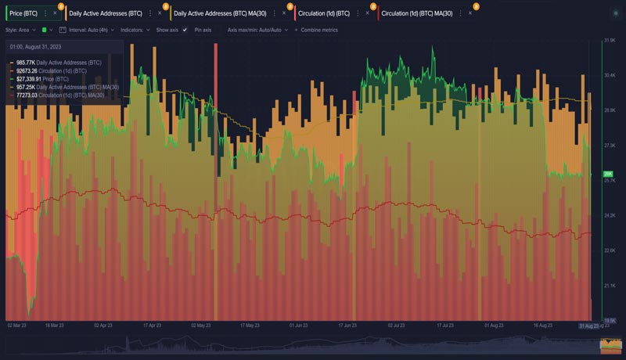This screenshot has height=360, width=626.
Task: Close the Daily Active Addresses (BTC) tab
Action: click(160, 13)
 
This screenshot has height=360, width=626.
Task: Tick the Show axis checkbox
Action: click(185, 30)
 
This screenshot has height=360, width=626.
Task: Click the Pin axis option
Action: click(203, 30)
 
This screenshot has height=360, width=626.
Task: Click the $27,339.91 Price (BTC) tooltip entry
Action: click(42, 79)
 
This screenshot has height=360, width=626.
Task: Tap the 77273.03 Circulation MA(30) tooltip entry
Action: click(59, 95)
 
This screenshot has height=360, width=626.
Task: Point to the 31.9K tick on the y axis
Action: click(609, 41)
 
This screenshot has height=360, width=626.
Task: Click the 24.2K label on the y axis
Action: click(609, 215)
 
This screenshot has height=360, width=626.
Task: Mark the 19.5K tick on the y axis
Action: click(609, 320)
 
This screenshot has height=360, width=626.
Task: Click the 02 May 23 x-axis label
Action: click(201, 325)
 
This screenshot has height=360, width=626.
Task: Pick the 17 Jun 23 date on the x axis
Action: click(347, 325)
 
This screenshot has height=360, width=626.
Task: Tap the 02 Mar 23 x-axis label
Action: click(16, 325)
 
